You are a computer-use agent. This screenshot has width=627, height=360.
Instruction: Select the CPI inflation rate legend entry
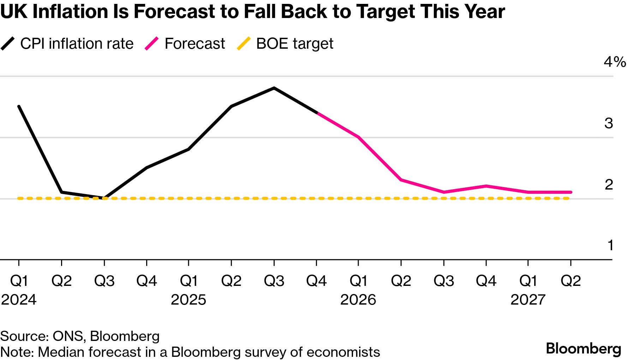point(67,44)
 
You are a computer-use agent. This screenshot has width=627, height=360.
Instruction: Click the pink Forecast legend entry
point(185,44)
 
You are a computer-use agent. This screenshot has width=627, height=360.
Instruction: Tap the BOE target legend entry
point(285,44)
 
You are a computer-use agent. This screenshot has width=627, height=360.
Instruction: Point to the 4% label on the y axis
point(614,62)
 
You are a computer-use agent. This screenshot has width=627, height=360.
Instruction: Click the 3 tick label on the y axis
point(609,123)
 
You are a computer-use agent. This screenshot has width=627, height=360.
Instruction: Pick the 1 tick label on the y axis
point(610,245)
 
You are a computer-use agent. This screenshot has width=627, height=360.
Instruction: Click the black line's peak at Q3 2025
point(274,88)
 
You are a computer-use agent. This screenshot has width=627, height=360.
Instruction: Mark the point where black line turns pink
point(317,113)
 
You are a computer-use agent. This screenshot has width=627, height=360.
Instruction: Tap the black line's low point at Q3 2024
point(104,198)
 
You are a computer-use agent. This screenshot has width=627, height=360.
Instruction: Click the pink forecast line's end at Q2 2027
point(571,192)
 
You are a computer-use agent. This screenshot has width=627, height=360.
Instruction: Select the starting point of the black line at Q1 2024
point(19,106)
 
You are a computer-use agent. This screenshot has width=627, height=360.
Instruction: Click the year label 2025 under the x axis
point(189,300)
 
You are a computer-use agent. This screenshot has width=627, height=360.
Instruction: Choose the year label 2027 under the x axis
point(528,300)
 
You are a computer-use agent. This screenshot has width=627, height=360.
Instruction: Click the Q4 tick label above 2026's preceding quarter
point(316,281)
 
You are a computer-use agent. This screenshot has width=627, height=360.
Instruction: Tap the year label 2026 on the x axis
point(358,300)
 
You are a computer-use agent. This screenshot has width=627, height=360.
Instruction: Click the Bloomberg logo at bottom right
point(583,349)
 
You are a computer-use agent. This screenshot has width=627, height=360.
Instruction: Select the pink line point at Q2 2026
point(401,180)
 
